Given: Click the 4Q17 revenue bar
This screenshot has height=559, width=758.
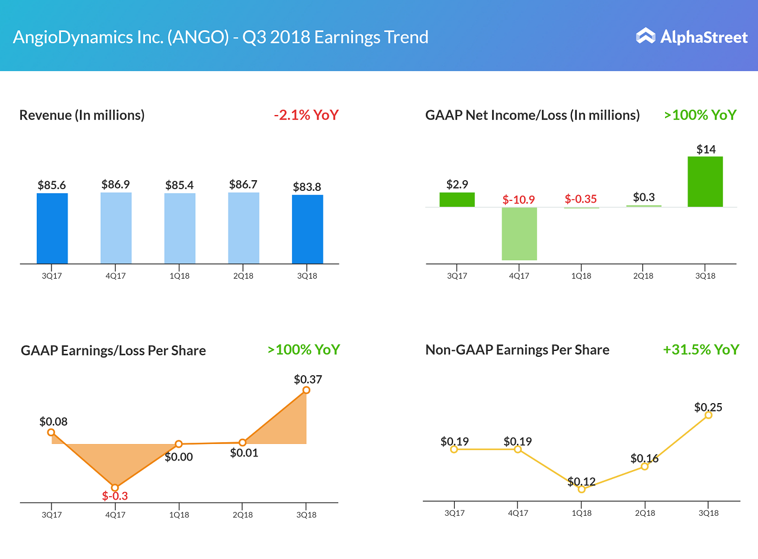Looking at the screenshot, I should [116, 228].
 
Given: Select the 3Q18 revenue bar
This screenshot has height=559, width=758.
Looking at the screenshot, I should [307, 229].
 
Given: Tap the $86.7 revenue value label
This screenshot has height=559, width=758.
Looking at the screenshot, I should [243, 184].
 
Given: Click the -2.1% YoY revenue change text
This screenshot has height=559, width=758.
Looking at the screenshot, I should [306, 115].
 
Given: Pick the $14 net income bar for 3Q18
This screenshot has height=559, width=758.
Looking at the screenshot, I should [705, 181].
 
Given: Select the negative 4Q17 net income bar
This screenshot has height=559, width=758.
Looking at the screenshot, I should [519, 234].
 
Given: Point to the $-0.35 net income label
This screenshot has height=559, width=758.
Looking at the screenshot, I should [581, 199].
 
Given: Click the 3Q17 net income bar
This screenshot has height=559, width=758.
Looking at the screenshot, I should [457, 200].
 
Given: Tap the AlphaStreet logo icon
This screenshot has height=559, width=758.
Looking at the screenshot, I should [645, 36].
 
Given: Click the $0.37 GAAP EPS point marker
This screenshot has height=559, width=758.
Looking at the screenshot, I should [306, 390].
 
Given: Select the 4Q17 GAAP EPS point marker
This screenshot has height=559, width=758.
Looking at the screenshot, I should [115, 487].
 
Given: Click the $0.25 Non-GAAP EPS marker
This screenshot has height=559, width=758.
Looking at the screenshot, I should [708, 415].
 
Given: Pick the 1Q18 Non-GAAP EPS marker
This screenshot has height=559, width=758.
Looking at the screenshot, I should [582, 489].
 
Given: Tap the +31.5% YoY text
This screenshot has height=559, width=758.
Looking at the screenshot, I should [701, 350].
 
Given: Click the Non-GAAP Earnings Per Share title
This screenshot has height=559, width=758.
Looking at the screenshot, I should [517, 350].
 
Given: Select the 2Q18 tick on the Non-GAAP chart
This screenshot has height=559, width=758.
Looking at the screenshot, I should [645, 513].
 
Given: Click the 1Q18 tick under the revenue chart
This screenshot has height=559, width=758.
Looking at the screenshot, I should [179, 276].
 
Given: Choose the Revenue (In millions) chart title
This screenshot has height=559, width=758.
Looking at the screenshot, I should [82, 115].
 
